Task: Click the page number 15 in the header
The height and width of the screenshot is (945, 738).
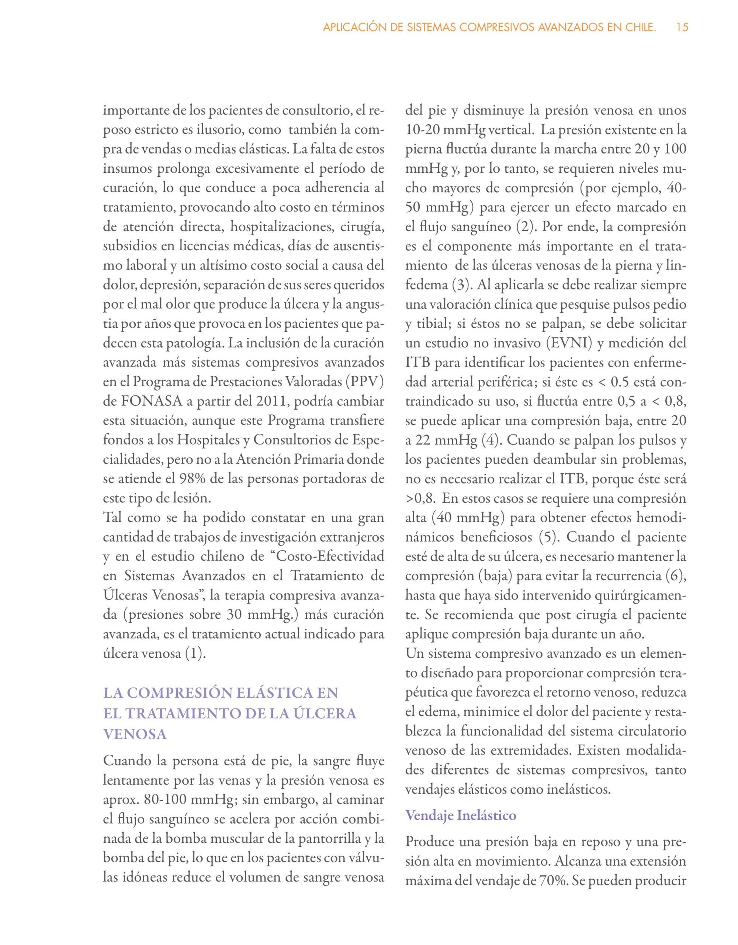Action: (x=682, y=28)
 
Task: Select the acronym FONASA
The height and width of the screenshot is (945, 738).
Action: (x=148, y=401)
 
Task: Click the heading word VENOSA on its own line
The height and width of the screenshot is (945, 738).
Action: (x=135, y=734)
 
